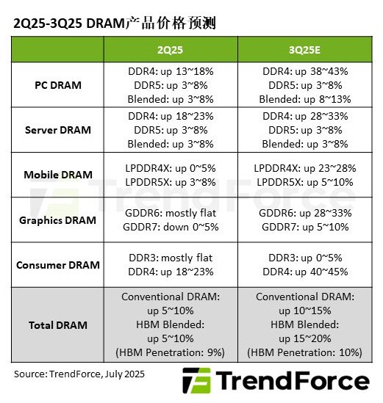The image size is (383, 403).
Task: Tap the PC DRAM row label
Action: pos(58,85)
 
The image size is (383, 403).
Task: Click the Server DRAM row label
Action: pos(58,130)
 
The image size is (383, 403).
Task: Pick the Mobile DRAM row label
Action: pos(58,175)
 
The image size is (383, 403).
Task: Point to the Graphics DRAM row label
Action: pos(58,219)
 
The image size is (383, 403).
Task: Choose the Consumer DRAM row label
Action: pos(58,264)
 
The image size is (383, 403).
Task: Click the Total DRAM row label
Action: pos(58,324)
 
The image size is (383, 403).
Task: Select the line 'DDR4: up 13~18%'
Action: pos(171,71)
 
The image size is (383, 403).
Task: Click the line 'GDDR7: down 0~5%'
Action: pos(171,227)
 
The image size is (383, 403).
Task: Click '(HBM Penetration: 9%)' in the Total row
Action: pos(171,352)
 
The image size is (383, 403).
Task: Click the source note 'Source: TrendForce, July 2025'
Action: pos(79,374)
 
